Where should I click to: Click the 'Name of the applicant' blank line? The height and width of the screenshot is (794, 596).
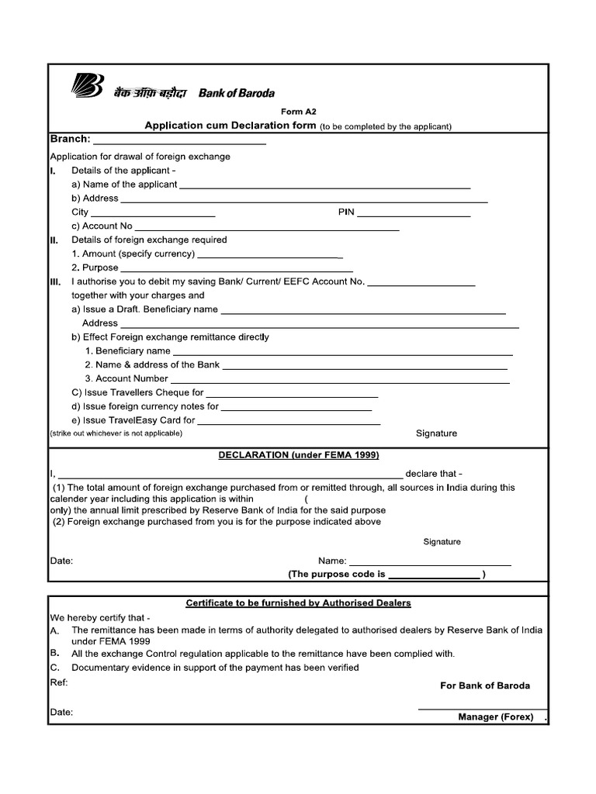324,186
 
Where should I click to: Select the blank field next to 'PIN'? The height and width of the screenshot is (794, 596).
414,214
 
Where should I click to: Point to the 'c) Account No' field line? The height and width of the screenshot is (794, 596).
268,228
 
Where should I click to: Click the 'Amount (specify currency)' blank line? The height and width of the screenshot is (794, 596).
270,255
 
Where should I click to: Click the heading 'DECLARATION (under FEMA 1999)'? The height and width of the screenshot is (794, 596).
299,455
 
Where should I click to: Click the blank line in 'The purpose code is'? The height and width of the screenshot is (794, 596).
434,575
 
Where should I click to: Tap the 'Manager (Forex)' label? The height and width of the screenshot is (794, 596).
495,717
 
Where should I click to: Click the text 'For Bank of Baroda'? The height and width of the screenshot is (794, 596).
485,686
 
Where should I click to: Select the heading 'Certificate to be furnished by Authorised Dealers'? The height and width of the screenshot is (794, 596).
299,602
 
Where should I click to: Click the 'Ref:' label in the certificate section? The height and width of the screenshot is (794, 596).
59,682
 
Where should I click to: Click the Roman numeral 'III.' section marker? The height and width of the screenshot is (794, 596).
56,282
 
